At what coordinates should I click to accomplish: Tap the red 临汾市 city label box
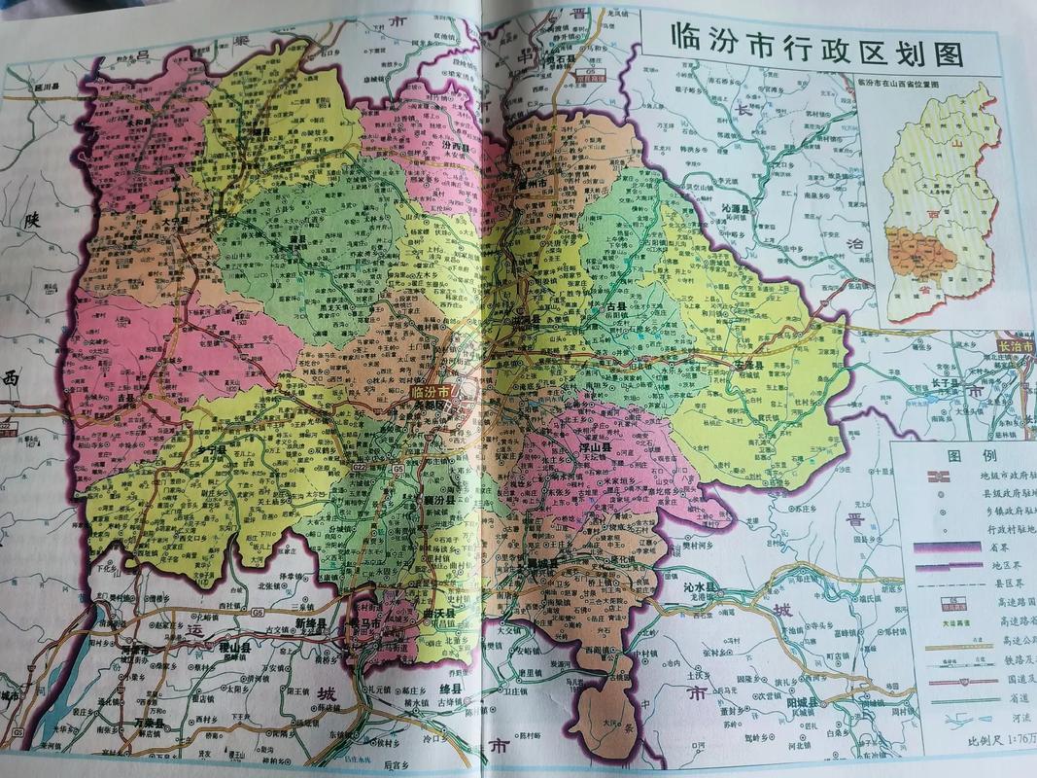(x=431, y=390)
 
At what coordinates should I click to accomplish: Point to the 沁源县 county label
(x=743, y=208)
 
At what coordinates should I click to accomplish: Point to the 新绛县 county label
(x=314, y=622)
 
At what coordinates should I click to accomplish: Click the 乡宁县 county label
(x=210, y=450)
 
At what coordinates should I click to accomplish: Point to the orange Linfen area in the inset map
(x=919, y=254)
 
